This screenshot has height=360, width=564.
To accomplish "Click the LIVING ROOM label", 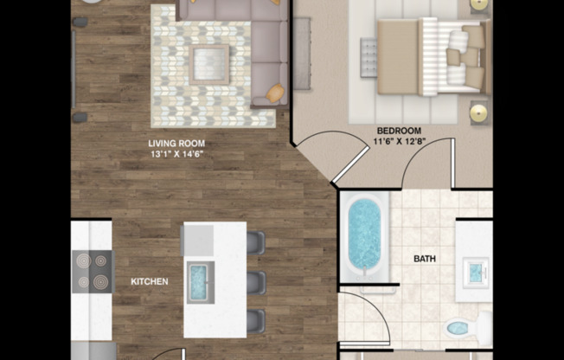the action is pyautogui.click(x=176, y=144).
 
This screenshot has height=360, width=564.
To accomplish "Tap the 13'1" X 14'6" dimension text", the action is pyautogui.click(x=177, y=154).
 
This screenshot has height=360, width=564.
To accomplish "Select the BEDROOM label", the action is pyautogui.click(x=399, y=131).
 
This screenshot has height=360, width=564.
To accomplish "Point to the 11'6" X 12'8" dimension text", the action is pyautogui.click(x=400, y=141).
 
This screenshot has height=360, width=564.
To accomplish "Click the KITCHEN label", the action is pyautogui.click(x=150, y=281).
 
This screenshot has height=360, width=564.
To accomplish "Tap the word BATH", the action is pyautogui.click(x=425, y=259).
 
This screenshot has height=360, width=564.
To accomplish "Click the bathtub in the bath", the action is pyautogui.click(x=364, y=238).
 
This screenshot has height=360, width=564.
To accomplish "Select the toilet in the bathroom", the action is pyautogui.click(x=468, y=327).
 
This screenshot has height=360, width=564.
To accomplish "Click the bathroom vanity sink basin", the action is pyautogui.click(x=476, y=273).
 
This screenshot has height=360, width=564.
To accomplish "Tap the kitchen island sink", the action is pyautogui.click(x=198, y=283).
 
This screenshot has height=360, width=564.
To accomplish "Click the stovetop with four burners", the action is pyautogui.click(x=93, y=272).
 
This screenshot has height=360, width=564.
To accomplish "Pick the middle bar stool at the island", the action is pyautogui.click(x=256, y=283).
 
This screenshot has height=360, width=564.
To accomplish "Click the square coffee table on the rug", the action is pyautogui.click(x=209, y=64).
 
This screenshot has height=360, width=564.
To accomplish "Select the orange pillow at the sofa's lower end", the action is pyautogui.click(x=274, y=93).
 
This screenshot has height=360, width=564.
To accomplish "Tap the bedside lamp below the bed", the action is pyautogui.click(x=478, y=113).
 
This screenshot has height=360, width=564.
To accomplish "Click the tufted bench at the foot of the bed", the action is pyautogui.click(x=369, y=57).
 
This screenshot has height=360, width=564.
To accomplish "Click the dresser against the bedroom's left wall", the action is pyautogui.click(x=302, y=54).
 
